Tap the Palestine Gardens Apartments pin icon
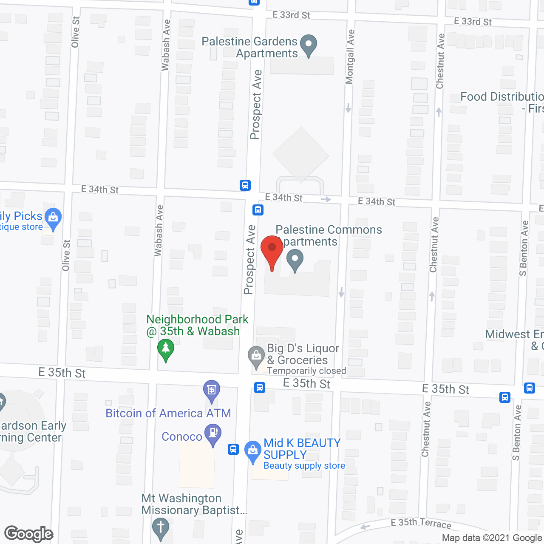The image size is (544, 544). (x=309, y=45)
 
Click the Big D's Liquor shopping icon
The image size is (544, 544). (x=256, y=357)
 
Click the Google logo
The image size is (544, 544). (x=29, y=534)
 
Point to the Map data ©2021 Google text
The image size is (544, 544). (x=492, y=538)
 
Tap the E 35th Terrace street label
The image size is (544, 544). (x=421, y=523)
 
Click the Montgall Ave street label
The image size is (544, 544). (x=350, y=57)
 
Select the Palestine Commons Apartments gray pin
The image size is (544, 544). (x=295, y=260)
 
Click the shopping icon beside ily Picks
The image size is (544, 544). (x=53, y=218)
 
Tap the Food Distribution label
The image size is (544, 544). (x=501, y=97)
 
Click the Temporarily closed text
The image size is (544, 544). (x=306, y=371)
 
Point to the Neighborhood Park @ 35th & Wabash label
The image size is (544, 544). (x=197, y=325)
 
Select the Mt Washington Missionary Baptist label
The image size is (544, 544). (x=194, y=504)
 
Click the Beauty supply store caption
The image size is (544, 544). (x=304, y=466)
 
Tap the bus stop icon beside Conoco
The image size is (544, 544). (x=233, y=449)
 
